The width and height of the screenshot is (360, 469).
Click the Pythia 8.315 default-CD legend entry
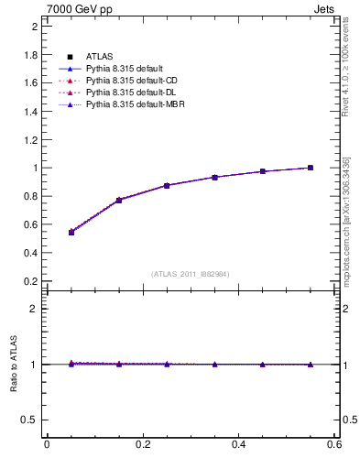125,81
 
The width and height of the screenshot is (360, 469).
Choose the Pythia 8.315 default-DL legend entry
125,93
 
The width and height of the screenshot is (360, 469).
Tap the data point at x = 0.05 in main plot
71,232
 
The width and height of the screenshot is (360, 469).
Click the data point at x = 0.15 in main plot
119,200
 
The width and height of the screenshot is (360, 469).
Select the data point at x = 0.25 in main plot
167,185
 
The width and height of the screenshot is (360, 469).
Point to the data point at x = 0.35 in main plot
215,177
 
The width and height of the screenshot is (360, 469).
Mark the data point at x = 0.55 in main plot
311,168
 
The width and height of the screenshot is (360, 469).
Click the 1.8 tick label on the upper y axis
30,55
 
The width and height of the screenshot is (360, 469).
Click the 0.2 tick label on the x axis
143,444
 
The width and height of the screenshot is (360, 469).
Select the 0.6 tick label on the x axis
335,444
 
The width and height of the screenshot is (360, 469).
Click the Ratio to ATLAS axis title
14,364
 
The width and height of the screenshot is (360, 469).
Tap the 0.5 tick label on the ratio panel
30,420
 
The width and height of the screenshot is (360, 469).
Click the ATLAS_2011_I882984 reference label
191,274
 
